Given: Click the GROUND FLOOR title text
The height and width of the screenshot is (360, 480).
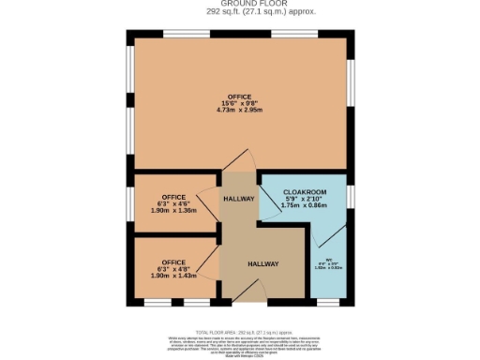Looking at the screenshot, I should coord(239,5).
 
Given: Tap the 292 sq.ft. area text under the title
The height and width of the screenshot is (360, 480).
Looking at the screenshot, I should coord(239,13).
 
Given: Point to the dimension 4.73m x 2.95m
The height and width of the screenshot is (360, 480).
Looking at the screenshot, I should coord(239,110).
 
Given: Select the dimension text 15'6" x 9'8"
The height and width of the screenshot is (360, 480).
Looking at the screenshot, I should coord(239,102).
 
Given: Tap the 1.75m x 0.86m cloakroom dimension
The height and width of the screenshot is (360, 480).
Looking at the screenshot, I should coord(303,204).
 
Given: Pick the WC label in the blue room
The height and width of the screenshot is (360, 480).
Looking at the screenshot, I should coord(330,260).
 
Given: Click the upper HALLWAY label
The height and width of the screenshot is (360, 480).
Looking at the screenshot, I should coord(239,199).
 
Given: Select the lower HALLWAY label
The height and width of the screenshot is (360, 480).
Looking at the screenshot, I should coord(263,264).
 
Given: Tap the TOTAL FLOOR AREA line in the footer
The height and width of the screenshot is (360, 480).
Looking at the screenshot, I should coord(239,333).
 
